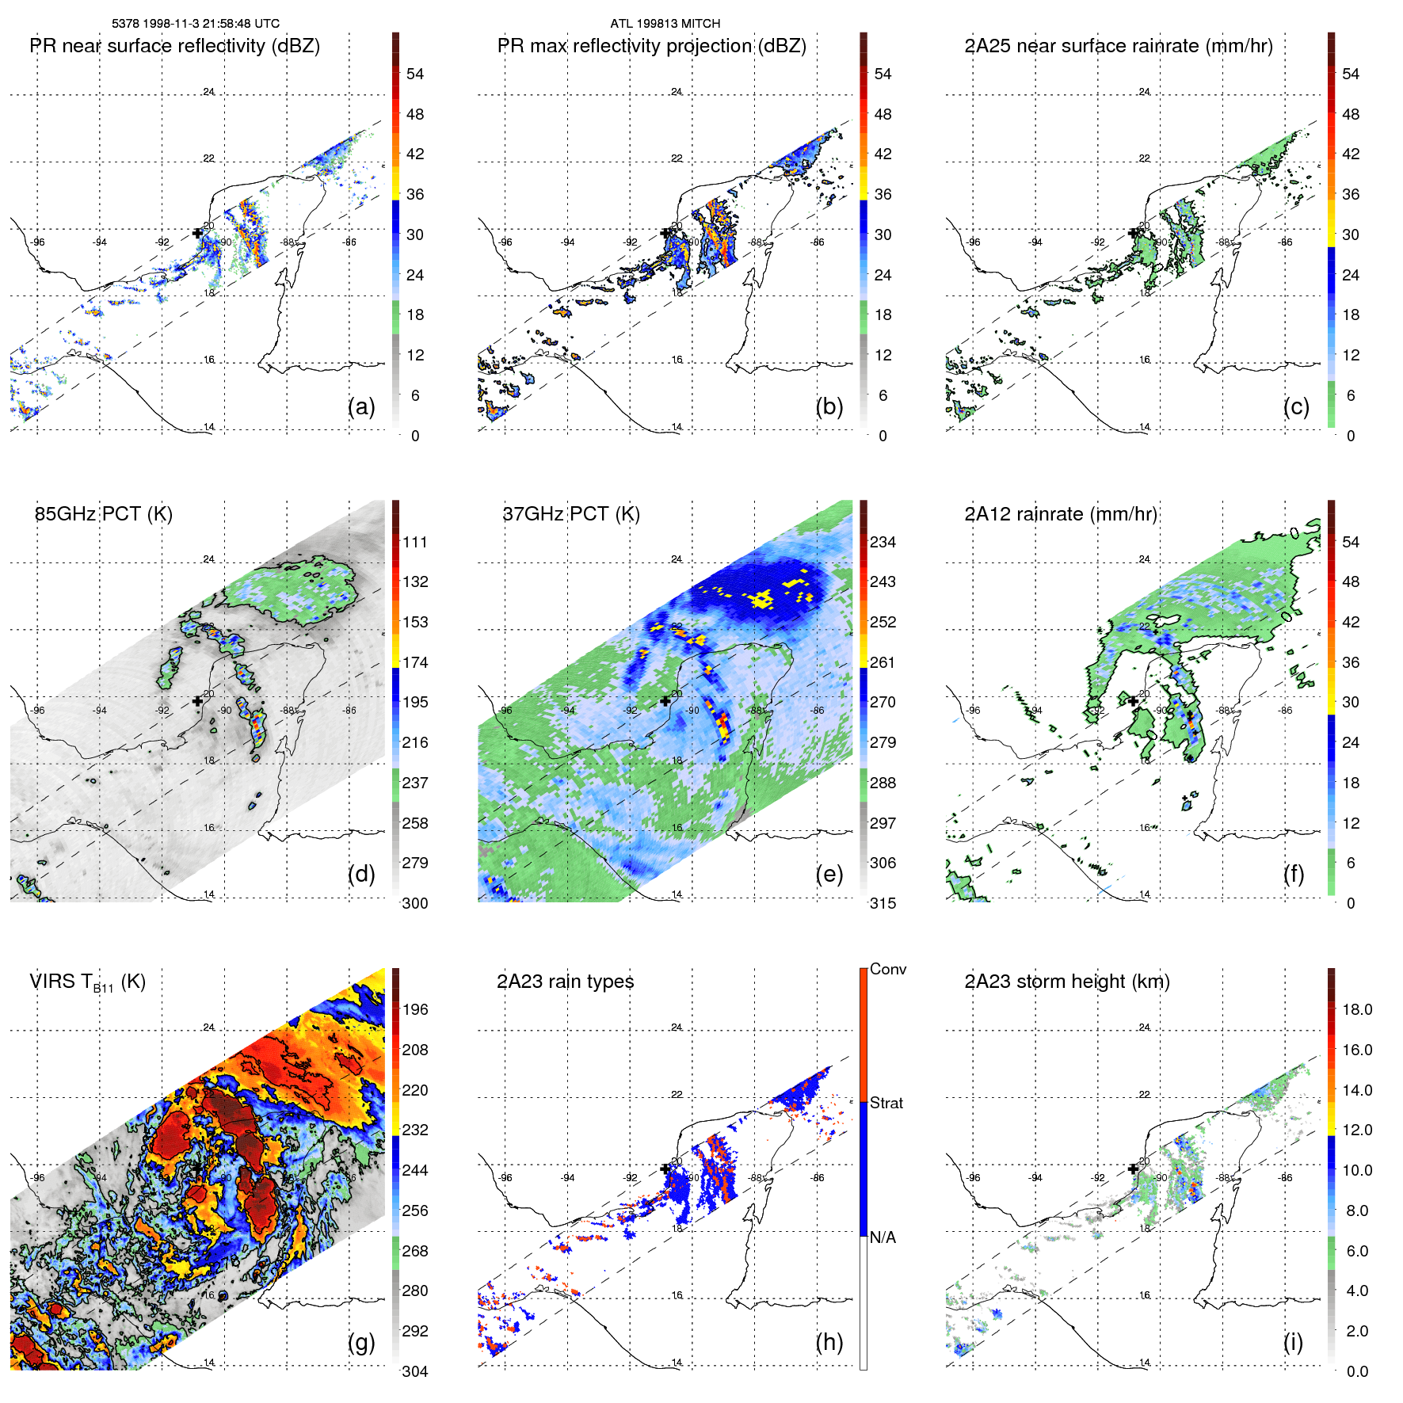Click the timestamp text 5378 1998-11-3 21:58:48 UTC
(195, 24)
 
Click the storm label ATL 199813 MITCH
(665, 24)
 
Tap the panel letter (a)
(361, 406)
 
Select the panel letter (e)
(829, 874)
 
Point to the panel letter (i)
(1293, 1342)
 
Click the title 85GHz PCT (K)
(103, 513)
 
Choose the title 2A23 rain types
(565, 982)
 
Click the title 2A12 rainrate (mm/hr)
(1061, 513)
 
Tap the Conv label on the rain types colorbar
(887, 969)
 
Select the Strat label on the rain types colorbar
(886, 1103)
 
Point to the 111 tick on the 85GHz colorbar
(415, 542)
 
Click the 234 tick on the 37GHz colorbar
(883, 542)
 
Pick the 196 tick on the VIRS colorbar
(415, 1009)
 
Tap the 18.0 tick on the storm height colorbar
(1356, 1009)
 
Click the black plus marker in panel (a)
(197, 233)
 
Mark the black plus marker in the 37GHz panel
(665, 701)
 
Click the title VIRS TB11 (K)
(87, 982)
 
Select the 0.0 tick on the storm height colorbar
(1356, 1371)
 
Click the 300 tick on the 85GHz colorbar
(415, 903)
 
